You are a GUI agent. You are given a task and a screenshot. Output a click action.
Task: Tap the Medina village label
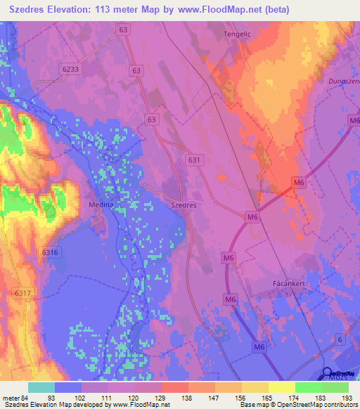click(x=101, y=204)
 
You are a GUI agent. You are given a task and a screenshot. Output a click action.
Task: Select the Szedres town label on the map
click(x=184, y=204)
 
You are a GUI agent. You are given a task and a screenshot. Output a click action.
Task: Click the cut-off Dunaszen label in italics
click(x=343, y=81)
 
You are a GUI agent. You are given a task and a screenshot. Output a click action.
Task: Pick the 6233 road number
click(x=70, y=70)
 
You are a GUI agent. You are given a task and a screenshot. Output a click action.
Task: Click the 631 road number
click(x=195, y=160)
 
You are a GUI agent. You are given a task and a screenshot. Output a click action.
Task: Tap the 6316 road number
click(x=49, y=252)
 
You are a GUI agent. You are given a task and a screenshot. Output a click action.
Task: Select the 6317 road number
click(x=22, y=292)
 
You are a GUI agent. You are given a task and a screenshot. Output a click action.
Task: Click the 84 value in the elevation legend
click(x=24, y=397)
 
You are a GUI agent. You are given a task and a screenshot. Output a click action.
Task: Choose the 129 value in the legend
click(x=162, y=397)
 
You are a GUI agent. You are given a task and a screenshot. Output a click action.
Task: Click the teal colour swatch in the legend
click(x=41, y=387)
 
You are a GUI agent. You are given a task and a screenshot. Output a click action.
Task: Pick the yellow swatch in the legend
click(x=281, y=387)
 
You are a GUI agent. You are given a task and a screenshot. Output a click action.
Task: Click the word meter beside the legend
click(x=10, y=397)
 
